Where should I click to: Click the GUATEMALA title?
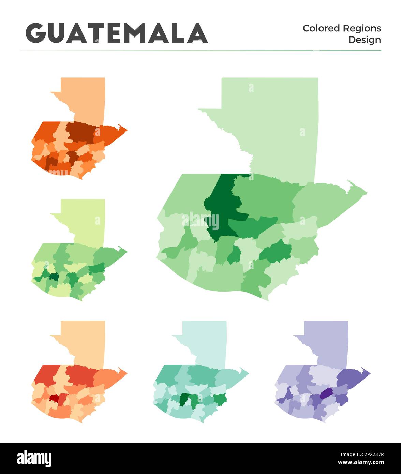point(117,33)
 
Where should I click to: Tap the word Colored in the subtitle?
point(321,28)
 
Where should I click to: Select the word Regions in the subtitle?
point(362,28)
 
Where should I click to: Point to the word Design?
point(364,40)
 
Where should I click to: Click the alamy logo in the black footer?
point(34,458)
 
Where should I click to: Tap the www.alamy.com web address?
point(361,462)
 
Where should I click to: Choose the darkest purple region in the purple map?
point(326,393)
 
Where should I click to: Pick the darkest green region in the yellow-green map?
point(54,277)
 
